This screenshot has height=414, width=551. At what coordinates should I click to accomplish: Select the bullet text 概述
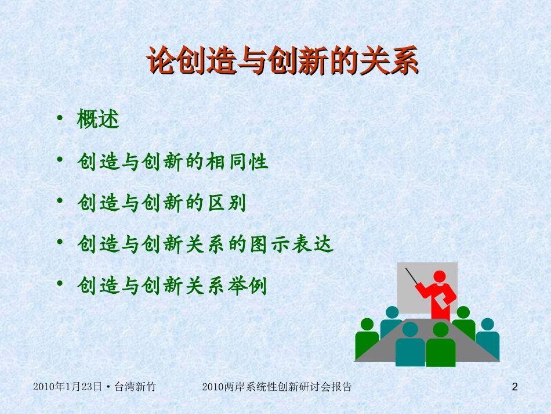(x=98, y=120)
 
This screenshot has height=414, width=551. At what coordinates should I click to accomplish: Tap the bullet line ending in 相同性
(x=173, y=161)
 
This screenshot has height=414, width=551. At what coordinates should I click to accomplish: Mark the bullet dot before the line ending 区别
(x=60, y=201)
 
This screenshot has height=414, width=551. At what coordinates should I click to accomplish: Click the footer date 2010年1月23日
(x=67, y=387)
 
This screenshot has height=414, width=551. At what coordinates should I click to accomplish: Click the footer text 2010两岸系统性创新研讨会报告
(x=278, y=387)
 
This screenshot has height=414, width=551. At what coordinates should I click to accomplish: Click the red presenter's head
(x=440, y=277)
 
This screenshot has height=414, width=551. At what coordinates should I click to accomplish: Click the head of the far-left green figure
(x=367, y=324)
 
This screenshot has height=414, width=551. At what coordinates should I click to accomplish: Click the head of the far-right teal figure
(x=487, y=324)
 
